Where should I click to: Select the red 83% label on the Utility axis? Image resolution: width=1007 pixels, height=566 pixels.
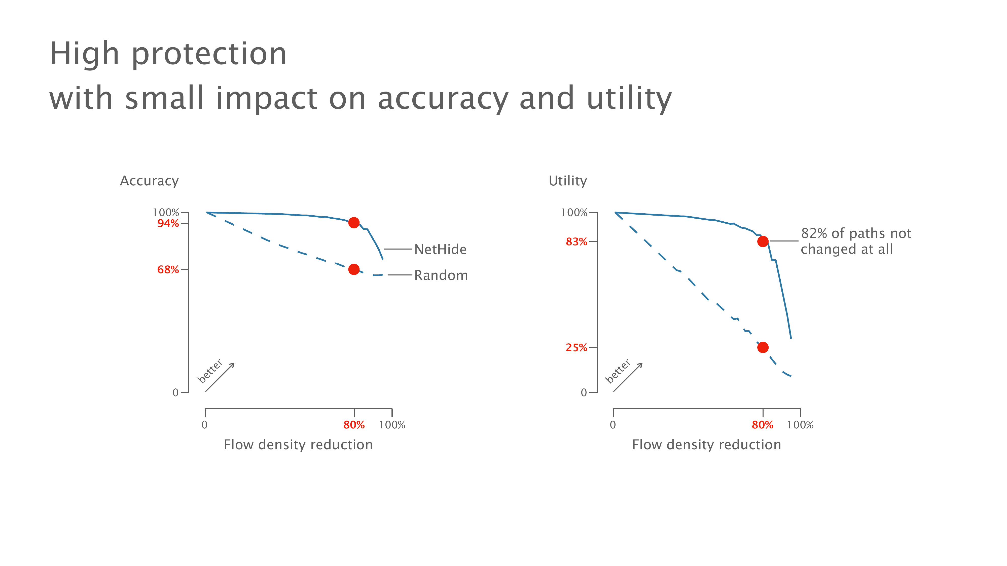[576, 242]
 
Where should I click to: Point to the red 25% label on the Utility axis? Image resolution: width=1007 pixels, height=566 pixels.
[576, 348]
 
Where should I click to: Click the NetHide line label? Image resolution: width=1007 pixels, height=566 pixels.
[440, 250]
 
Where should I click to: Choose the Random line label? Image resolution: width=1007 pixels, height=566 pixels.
[441, 276]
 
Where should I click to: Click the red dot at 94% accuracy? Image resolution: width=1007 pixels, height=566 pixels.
[354, 223]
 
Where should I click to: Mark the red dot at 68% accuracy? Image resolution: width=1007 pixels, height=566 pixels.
[354, 269]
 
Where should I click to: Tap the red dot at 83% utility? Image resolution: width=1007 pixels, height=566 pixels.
[763, 241]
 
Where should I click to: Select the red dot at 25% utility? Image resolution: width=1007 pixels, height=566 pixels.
[763, 347]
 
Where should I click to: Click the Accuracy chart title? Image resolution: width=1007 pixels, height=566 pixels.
[149, 181]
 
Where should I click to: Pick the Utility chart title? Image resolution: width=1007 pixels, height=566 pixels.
[568, 181]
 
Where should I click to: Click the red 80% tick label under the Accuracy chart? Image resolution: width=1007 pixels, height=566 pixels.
[354, 425]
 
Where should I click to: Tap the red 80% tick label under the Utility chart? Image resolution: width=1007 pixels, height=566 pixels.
[762, 425]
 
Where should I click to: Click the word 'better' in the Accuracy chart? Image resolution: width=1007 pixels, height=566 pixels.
[210, 371]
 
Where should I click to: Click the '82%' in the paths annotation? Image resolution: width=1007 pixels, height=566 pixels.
[814, 234]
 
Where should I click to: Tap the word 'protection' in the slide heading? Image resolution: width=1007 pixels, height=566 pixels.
[209, 55]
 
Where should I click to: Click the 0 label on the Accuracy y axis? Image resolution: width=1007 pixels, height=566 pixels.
[175, 393]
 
